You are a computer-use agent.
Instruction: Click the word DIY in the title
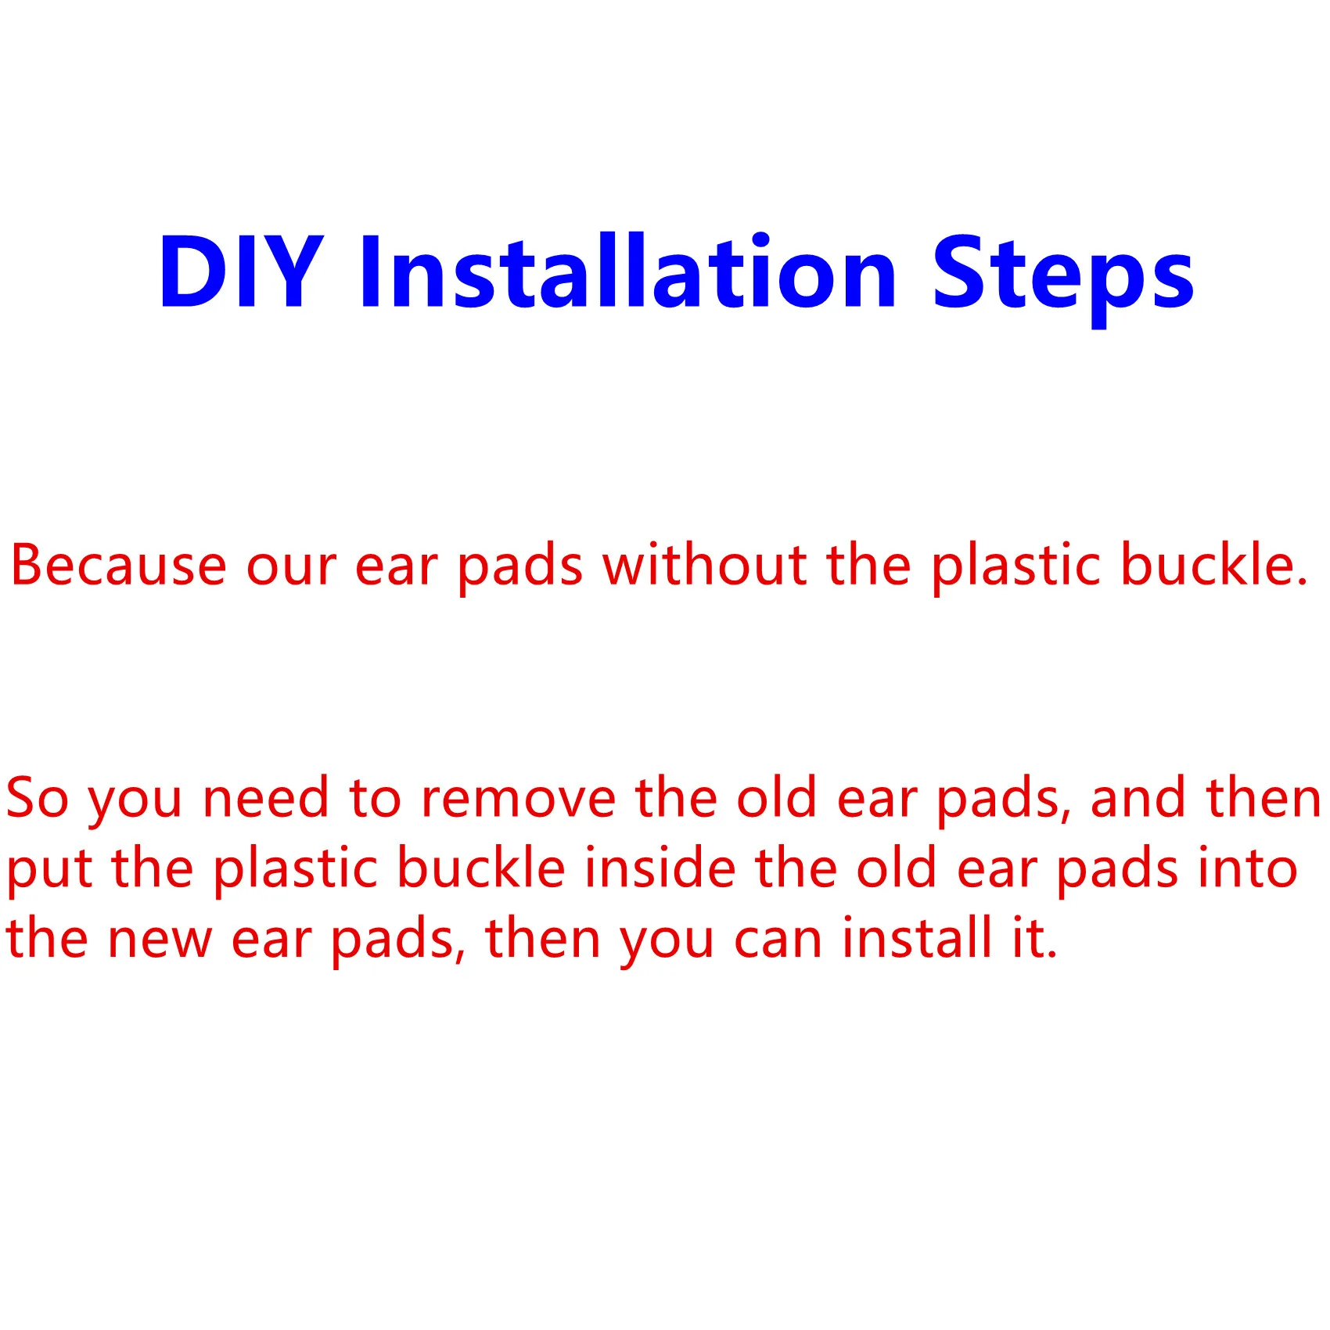[241, 271]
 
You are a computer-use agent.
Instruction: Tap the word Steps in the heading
[1063, 278]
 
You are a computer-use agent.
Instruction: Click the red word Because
[118, 565]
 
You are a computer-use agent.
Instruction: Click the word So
[37, 797]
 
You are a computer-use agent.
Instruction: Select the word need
[265, 797]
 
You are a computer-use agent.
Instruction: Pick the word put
[49, 870]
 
